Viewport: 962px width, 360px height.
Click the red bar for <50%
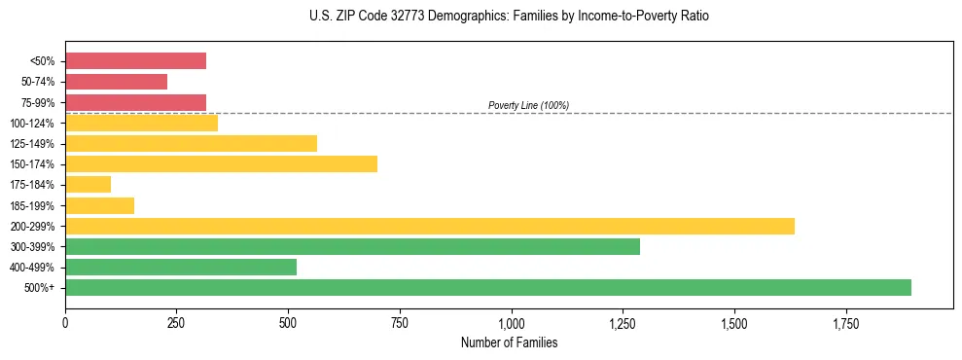(135, 61)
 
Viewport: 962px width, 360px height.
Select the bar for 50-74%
(116, 82)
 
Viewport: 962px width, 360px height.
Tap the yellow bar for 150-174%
(221, 163)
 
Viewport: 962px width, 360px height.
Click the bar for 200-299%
(429, 226)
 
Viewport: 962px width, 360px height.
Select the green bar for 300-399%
(352, 246)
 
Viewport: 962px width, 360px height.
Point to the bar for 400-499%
(181, 267)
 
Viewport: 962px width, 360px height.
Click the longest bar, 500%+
(487, 287)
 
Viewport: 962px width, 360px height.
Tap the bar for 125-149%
(191, 143)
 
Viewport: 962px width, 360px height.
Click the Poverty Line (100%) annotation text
(528, 105)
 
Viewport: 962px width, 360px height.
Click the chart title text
(511, 17)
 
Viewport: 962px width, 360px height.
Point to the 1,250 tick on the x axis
(623, 322)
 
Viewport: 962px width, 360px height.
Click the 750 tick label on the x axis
(400, 322)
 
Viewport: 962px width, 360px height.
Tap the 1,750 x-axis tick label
(845, 322)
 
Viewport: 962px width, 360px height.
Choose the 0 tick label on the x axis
(65, 322)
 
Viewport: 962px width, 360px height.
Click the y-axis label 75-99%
(38, 103)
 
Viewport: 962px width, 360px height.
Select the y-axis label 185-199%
(35, 206)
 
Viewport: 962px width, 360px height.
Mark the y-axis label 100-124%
(35, 124)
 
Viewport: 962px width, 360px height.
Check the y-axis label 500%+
(41, 288)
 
